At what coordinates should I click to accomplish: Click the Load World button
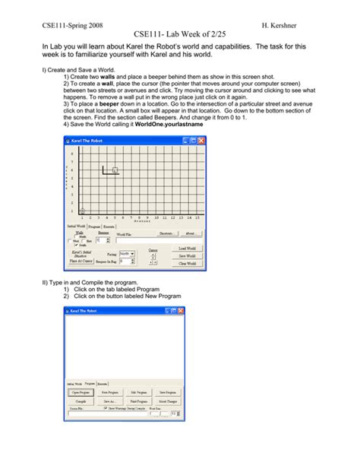coord(188,248)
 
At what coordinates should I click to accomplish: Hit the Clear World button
coord(188,262)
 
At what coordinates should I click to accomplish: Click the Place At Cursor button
coord(81,261)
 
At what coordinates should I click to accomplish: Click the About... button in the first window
coord(191,233)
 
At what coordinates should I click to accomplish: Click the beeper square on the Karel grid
coord(115,170)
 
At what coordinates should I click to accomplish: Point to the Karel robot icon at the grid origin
coord(82,211)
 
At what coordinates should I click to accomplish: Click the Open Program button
coord(81,392)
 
